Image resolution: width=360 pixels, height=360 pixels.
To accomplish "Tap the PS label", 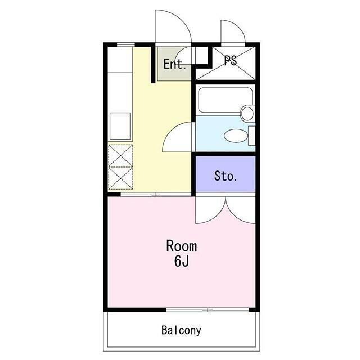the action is coord(230,61).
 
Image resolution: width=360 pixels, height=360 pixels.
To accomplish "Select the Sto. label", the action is coord(226,176).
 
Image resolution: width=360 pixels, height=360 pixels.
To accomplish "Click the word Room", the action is coord(181,246).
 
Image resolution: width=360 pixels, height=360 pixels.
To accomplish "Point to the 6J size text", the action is coord(181,261).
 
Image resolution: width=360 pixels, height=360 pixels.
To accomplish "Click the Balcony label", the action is coord(181,330).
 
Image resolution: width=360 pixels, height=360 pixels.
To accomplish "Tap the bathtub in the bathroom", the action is coord(226,100).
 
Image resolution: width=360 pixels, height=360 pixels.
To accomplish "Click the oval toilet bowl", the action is coord(236,136).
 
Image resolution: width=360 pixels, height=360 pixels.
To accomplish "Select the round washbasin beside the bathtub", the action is coord(247,113).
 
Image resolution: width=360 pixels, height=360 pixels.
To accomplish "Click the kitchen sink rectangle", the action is coord(120,126).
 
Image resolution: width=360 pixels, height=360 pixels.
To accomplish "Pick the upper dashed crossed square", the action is coord(120,155).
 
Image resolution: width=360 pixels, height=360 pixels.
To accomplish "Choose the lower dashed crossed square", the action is coord(120,178).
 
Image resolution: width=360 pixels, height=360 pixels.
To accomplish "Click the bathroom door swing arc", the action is coord(171,131).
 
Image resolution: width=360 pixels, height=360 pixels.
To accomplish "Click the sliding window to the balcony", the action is coord(208,310).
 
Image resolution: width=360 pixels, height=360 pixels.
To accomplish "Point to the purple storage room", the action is coord(226,174).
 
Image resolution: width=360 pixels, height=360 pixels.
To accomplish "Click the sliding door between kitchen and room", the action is coord(156,195).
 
